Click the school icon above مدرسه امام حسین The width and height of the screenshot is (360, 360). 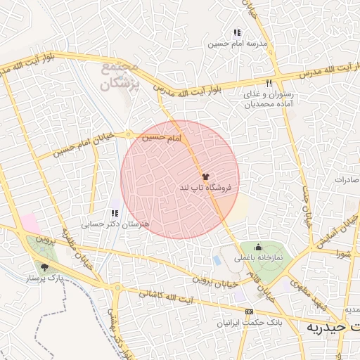click(237, 32)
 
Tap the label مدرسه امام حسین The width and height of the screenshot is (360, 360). click(238, 43)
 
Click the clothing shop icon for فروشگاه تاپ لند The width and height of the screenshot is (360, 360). click(205, 176)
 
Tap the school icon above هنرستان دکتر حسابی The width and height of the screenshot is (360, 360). click(115, 213)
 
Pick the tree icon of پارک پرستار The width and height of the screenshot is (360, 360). click(46, 267)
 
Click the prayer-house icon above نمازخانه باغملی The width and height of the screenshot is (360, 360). click(258, 247)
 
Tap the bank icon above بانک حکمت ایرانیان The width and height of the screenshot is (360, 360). click(248, 311)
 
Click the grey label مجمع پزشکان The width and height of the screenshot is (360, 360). click(120, 75)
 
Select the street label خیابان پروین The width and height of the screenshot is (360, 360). click(210, 281)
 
